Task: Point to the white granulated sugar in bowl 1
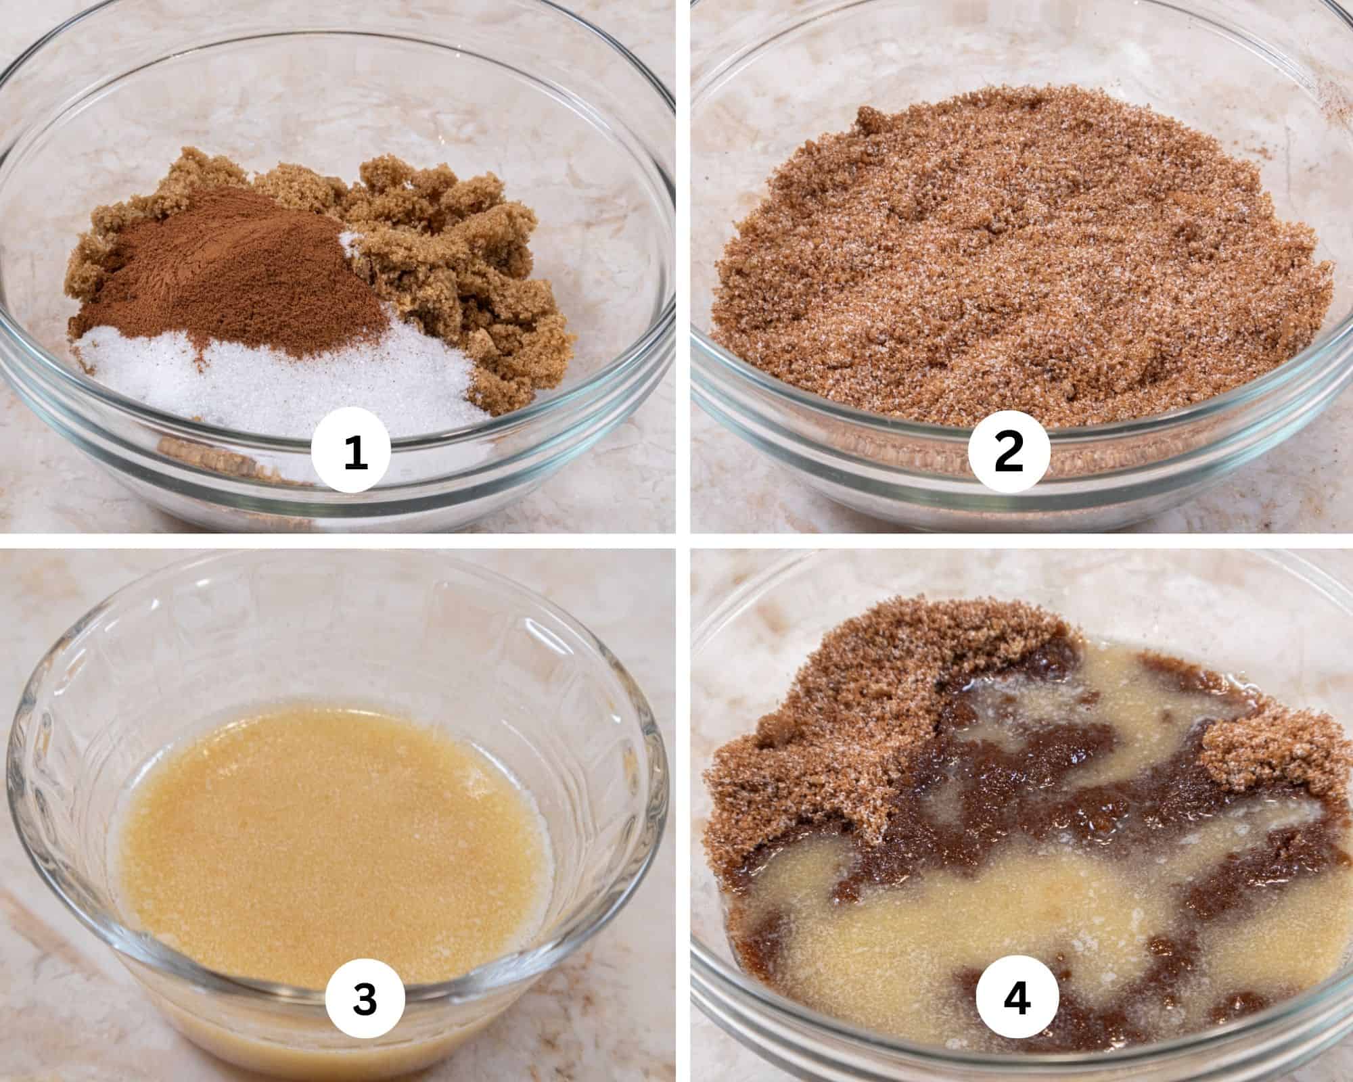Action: point(271,379)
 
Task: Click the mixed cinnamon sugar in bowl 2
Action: point(1001,270)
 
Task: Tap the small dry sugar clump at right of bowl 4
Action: point(1252,751)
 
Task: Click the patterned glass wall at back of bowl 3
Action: point(338,642)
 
